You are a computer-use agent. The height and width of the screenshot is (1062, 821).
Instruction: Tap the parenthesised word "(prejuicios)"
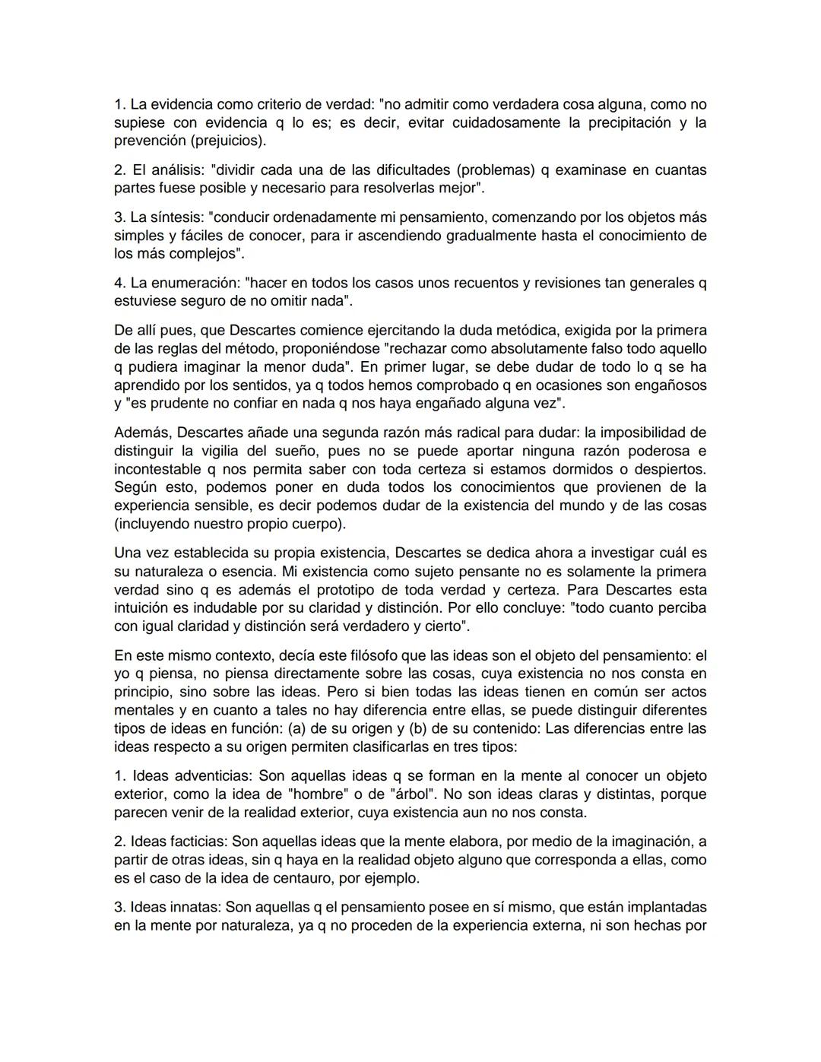[228, 141]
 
